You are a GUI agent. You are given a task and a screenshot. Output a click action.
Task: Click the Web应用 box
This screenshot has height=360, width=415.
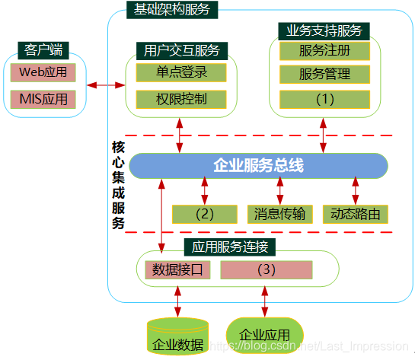point(43,73)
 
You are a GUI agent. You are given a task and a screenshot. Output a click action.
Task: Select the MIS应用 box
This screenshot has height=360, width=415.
point(43,99)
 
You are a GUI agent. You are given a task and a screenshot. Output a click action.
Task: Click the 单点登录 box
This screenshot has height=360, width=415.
point(182,72)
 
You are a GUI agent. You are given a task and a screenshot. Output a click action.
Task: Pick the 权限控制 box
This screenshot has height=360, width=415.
point(182,99)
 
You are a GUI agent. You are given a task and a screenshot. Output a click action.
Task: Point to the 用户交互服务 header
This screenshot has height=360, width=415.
point(181,50)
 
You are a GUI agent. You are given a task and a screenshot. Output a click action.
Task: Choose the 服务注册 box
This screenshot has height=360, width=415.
point(325,51)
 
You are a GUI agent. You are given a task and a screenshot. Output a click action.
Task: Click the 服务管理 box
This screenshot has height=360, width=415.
point(325,75)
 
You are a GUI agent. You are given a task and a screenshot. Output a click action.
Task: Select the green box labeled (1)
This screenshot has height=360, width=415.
point(325,99)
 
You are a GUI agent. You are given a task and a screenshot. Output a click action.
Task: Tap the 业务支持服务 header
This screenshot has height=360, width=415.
point(324,31)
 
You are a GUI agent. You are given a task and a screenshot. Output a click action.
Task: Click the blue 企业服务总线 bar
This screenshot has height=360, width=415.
point(259,165)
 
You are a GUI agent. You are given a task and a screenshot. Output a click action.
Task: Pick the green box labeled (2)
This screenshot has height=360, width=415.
point(205,214)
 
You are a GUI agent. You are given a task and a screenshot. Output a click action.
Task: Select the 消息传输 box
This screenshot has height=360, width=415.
point(279,214)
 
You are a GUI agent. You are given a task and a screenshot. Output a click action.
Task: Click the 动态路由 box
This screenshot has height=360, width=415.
point(356,214)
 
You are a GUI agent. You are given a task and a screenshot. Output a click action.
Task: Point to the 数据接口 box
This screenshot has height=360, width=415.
point(177,269)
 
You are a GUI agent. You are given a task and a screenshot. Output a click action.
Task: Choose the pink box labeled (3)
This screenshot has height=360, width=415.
point(266,269)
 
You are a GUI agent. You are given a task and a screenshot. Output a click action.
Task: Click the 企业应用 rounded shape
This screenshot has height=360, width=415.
point(265,335)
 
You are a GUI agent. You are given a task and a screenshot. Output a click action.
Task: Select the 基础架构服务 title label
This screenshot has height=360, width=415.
point(171,9)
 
